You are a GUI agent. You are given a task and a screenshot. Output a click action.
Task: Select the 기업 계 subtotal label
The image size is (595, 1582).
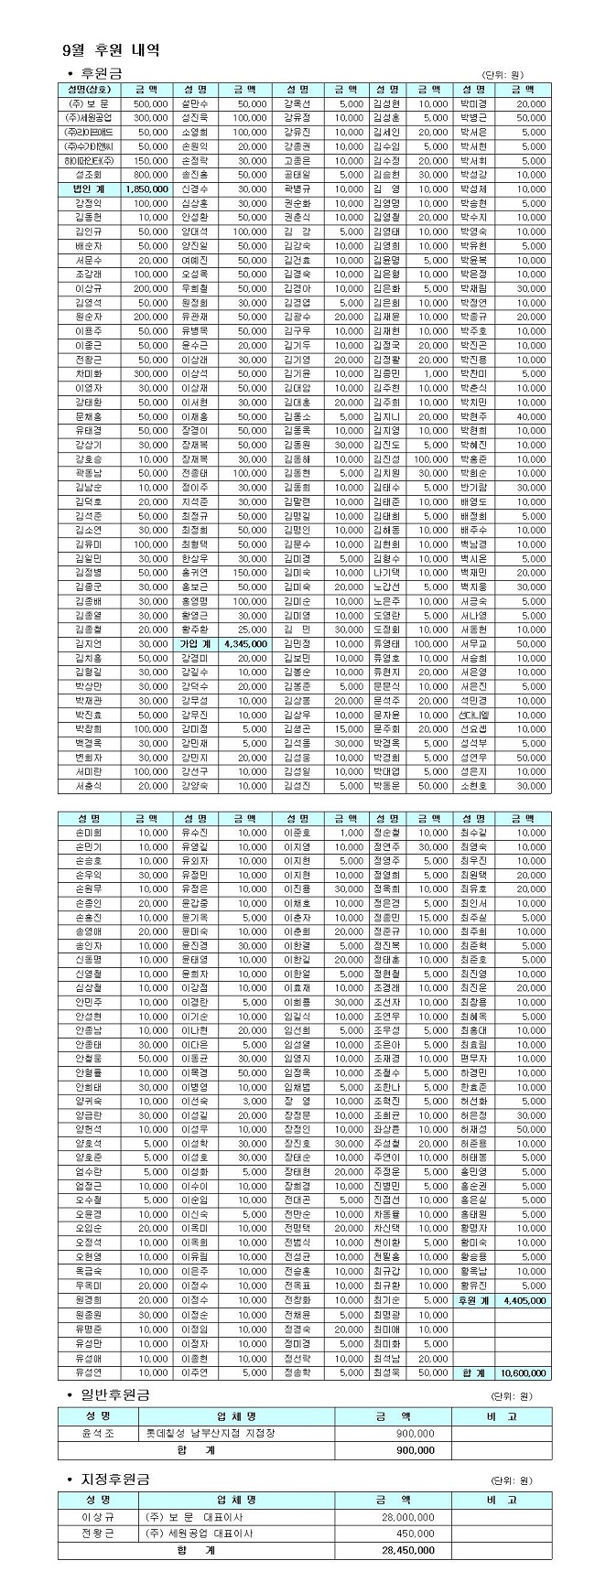194,643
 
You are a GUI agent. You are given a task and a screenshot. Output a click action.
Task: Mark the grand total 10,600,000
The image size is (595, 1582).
524,1372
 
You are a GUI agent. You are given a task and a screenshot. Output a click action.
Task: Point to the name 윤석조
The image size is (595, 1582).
98,1433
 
